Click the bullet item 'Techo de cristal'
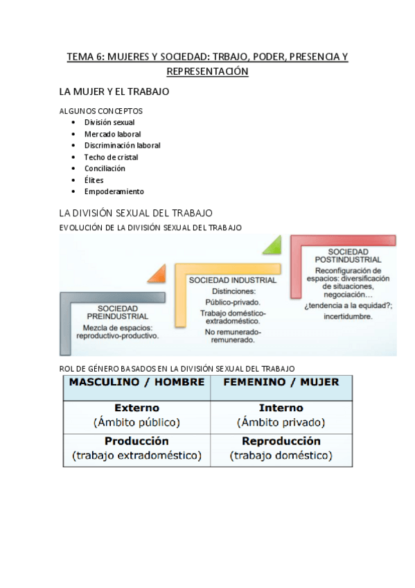pyautogui.click(x=111, y=157)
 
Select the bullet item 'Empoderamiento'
pyautogui.click(x=114, y=191)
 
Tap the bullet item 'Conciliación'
pyautogui.click(x=105, y=168)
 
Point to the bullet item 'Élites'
pyautogui.click(x=94, y=180)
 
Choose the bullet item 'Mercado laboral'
pyautogui.click(x=112, y=134)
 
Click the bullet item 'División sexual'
pyautogui.click(x=109, y=122)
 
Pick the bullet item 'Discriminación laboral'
pyautogui.click(x=122, y=146)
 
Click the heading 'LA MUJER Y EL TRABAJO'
pyautogui.click(x=114, y=92)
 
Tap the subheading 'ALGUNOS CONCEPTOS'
pyautogui.click(x=101, y=110)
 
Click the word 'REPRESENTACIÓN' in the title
pyautogui.click(x=207, y=71)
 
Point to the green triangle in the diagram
pyautogui.click(x=272, y=245)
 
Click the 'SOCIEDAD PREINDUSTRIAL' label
pyautogui.click(x=118, y=312)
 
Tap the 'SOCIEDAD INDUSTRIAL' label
pyautogui.click(x=233, y=280)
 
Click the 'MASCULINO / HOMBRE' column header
pyautogui.click(x=136, y=382)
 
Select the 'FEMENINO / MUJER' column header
pyautogui.click(x=281, y=382)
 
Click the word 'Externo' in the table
pyautogui.click(x=136, y=408)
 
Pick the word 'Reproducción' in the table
pyautogui.click(x=281, y=441)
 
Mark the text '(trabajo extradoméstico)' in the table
pyautogui.click(x=136, y=456)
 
